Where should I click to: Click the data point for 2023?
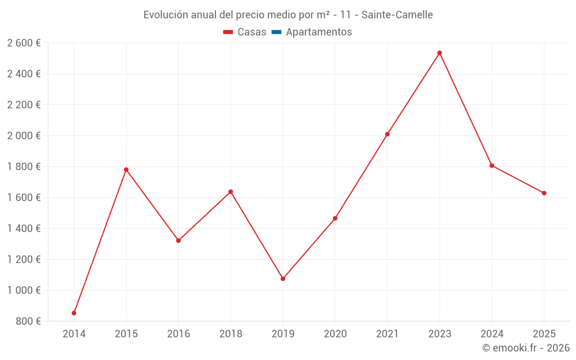coord(439,53)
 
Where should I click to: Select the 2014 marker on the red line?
coord(74,313)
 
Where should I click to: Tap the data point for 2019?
coord(283,279)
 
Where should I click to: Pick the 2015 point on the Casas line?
coord(126,169)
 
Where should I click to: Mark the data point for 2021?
coord(387,134)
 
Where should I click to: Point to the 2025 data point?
coord(544,193)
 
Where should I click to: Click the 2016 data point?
coord(179,240)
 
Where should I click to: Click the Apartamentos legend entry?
coord(319,32)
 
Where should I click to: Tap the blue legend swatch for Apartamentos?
coord(276,32)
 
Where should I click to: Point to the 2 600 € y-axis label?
coord(24,43)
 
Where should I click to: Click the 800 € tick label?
coord(28,321)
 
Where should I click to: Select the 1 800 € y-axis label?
coord(24,167)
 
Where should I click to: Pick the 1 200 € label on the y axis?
coord(24,260)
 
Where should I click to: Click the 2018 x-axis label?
coord(230,334)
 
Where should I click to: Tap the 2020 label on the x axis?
coord(335,334)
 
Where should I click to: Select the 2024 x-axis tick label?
coord(492,334)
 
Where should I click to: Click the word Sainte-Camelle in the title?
coord(397,15)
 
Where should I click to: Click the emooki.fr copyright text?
coord(526,348)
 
